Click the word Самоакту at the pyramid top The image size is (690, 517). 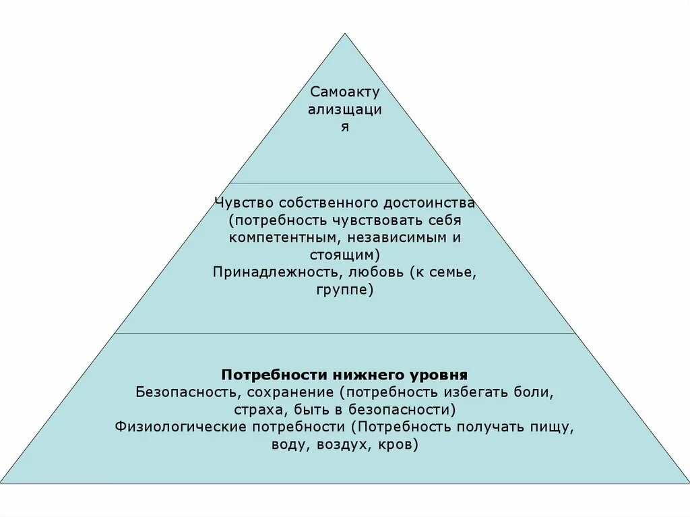tap(345, 92)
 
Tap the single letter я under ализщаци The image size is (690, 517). tap(345, 127)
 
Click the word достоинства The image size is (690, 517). tap(429, 203)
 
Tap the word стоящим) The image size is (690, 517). tap(345, 255)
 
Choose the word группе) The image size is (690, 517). tap(344, 291)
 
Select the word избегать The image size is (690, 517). tap(475, 392)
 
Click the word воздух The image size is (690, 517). tap(341, 445)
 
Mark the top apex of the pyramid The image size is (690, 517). tap(345, 34)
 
